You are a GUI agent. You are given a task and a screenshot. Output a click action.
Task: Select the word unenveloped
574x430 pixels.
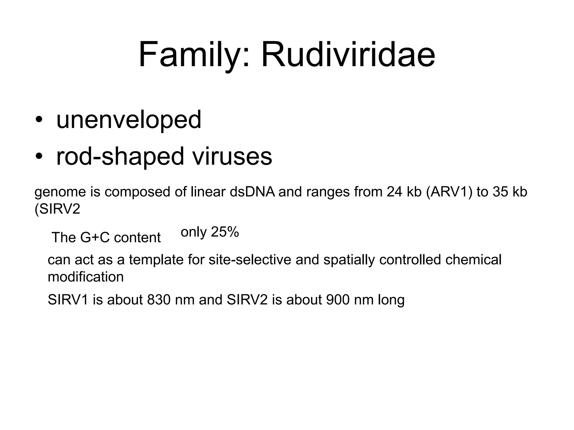[x=129, y=120]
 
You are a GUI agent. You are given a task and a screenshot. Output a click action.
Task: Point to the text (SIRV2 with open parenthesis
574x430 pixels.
[x=57, y=209]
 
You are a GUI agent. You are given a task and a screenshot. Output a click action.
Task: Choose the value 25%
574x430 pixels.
[x=225, y=232]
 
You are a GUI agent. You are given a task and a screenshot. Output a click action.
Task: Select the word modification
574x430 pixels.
[x=85, y=277]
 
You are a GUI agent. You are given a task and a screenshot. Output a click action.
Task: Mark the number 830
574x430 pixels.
[x=159, y=300]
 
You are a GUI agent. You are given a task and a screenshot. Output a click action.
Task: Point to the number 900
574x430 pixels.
[x=338, y=300]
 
